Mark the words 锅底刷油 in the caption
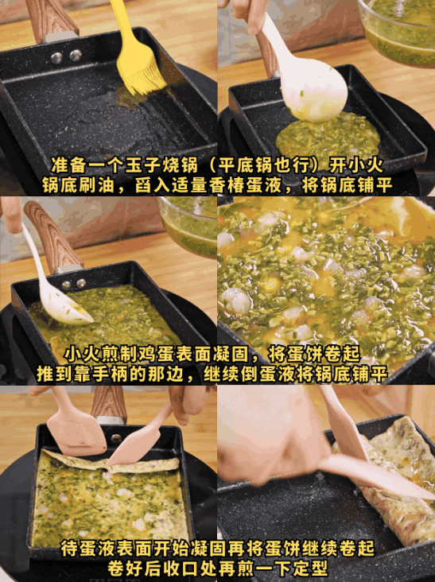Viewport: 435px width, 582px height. click(x=72, y=184)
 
